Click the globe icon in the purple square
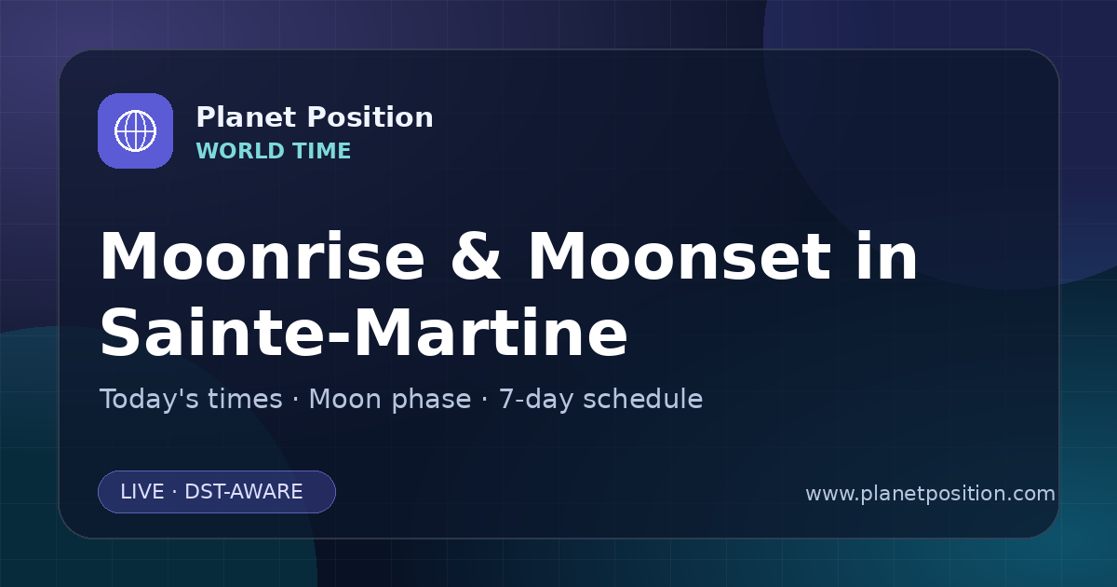click(x=135, y=130)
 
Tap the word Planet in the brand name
click(x=247, y=117)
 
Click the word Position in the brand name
click(x=370, y=117)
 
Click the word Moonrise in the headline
click(x=262, y=256)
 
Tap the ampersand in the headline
click(x=476, y=256)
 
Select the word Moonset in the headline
click(x=680, y=256)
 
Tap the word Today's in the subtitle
click(x=191, y=399)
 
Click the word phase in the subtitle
click(x=431, y=401)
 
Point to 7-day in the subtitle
click(x=536, y=401)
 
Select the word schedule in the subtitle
click(x=643, y=399)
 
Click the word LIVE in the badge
click(x=142, y=492)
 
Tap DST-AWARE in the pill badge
click(x=244, y=492)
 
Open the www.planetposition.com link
click(x=930, y=494)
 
